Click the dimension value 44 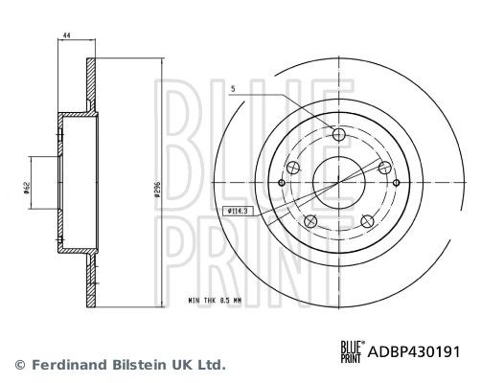67,35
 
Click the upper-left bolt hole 293,169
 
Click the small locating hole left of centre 281,183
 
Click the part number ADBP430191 416,350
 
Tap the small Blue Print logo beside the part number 354,350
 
